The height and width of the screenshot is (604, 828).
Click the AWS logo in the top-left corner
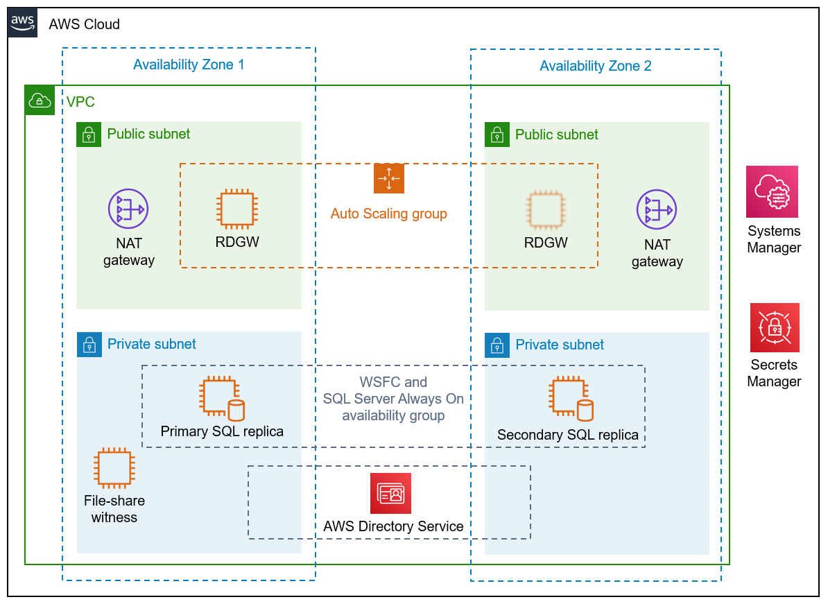point(22,23)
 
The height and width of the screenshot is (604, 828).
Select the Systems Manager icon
point(772,191)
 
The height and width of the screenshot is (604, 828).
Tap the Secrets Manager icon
point(774,327)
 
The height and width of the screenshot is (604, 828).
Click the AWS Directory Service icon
point(390,493)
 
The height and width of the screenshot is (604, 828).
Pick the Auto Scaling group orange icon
point(388,178)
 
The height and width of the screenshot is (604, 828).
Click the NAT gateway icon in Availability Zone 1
point(128,209)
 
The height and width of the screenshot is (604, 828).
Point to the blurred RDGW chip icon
point(545,210)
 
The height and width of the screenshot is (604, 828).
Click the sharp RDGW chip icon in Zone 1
point(237,209)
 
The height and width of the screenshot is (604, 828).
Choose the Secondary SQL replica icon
point(571,399)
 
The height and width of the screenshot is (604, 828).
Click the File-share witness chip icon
point(114,468)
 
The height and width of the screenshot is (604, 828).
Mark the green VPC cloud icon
point(39,101)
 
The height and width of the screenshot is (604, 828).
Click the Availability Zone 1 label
point(189,65)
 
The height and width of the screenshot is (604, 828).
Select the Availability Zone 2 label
point(595,67)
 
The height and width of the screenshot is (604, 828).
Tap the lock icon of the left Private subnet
point(89,345)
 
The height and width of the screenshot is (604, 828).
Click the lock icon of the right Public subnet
point(497,135)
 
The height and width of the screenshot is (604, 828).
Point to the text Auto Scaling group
point(388,214)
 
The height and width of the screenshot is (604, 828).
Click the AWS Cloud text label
point(84,24)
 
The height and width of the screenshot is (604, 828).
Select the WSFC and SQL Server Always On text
point(393,399)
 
